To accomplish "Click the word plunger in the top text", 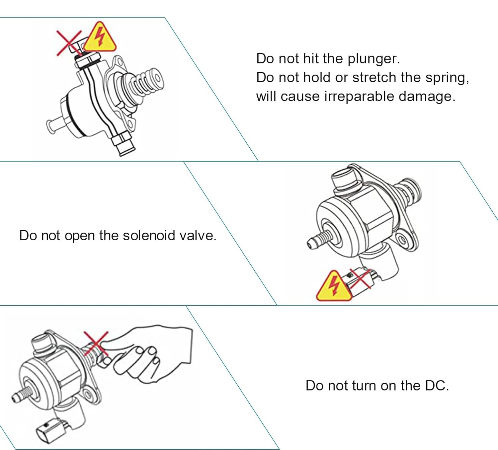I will point(373,59).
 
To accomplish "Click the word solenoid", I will point(149,235).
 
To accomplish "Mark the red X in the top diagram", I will point(69,42).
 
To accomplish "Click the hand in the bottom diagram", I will point(156,355).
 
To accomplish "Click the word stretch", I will point(374,77).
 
